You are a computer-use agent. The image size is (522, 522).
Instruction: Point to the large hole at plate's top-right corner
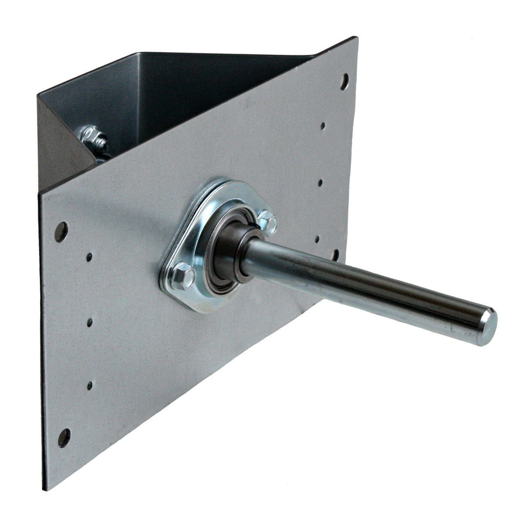tap(344, 80)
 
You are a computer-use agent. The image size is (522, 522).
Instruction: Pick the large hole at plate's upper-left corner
tap(62, 231)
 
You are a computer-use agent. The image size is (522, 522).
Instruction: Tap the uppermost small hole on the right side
tap(323, 126)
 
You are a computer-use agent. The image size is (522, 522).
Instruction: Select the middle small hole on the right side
tap(321, 183)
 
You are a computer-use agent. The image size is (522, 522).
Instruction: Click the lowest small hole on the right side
tap(318, 238)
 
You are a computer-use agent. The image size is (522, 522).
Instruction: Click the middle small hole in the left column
tap(90, 322)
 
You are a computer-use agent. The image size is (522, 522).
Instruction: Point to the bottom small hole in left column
tap(90, 385)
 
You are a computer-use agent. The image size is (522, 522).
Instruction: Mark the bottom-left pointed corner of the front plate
tap(47, 490)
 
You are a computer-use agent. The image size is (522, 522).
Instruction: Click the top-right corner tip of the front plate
tap(357, 38)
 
